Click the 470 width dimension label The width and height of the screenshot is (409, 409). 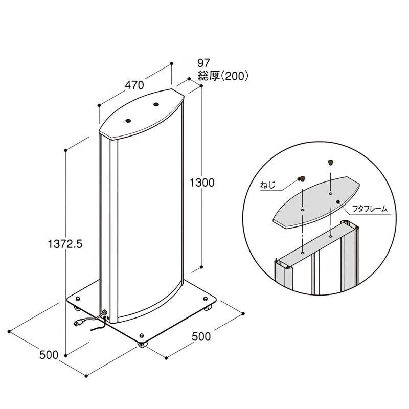[134, 85]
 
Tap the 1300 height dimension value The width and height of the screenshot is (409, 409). [201, 183]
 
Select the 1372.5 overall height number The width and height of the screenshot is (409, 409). [65, 244]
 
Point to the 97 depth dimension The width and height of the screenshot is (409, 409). [203, 63]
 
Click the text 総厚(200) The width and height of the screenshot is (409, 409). [223, 76]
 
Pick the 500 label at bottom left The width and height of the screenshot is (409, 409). [49, 355]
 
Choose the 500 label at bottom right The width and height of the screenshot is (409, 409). [201, 337]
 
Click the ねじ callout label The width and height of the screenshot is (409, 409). [267, 185]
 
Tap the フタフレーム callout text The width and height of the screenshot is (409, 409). [370, 209]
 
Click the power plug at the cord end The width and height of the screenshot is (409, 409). [79, 323]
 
